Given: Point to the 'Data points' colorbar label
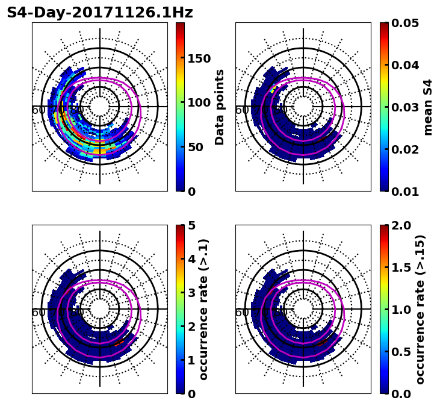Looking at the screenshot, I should (220, 107).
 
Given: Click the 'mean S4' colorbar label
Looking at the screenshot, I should (428, 107).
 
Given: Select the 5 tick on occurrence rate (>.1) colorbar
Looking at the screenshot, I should (192, 225).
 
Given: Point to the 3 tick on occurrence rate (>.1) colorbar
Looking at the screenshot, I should (192, 293).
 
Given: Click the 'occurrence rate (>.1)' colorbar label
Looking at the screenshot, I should (203, 309).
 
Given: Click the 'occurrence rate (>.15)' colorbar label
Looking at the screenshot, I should (420, 309).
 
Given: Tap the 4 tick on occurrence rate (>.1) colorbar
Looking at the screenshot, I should (192, 259).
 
